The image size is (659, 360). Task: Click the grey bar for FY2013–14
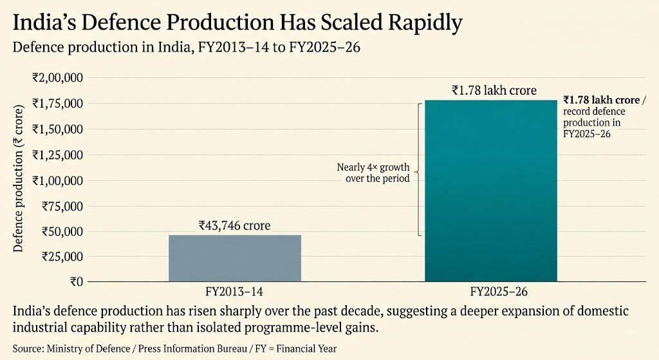(x=235, y=258)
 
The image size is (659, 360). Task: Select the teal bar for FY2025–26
(x=491, y=191)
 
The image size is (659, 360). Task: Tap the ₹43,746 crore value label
(x=234, y=226)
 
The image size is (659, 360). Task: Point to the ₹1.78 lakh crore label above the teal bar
(x=494, y=90)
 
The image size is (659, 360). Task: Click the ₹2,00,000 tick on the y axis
(x=57, y=78)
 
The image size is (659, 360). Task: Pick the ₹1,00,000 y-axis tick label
(x=57, y=181)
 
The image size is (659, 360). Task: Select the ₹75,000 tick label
(x=62, y=207)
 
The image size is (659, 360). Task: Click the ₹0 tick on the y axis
(x=77, y=282)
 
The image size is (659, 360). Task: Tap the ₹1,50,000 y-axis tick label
(x=57, y=129)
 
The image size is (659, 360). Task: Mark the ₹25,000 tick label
(x=62, y=256)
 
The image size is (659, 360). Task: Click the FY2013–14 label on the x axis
(x=234, y=292)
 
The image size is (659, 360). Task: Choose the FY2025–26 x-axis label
(x=499, y=292)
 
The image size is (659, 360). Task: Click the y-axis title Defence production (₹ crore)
(x=18, y=178)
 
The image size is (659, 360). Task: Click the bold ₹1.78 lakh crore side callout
(x=602, y=100)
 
